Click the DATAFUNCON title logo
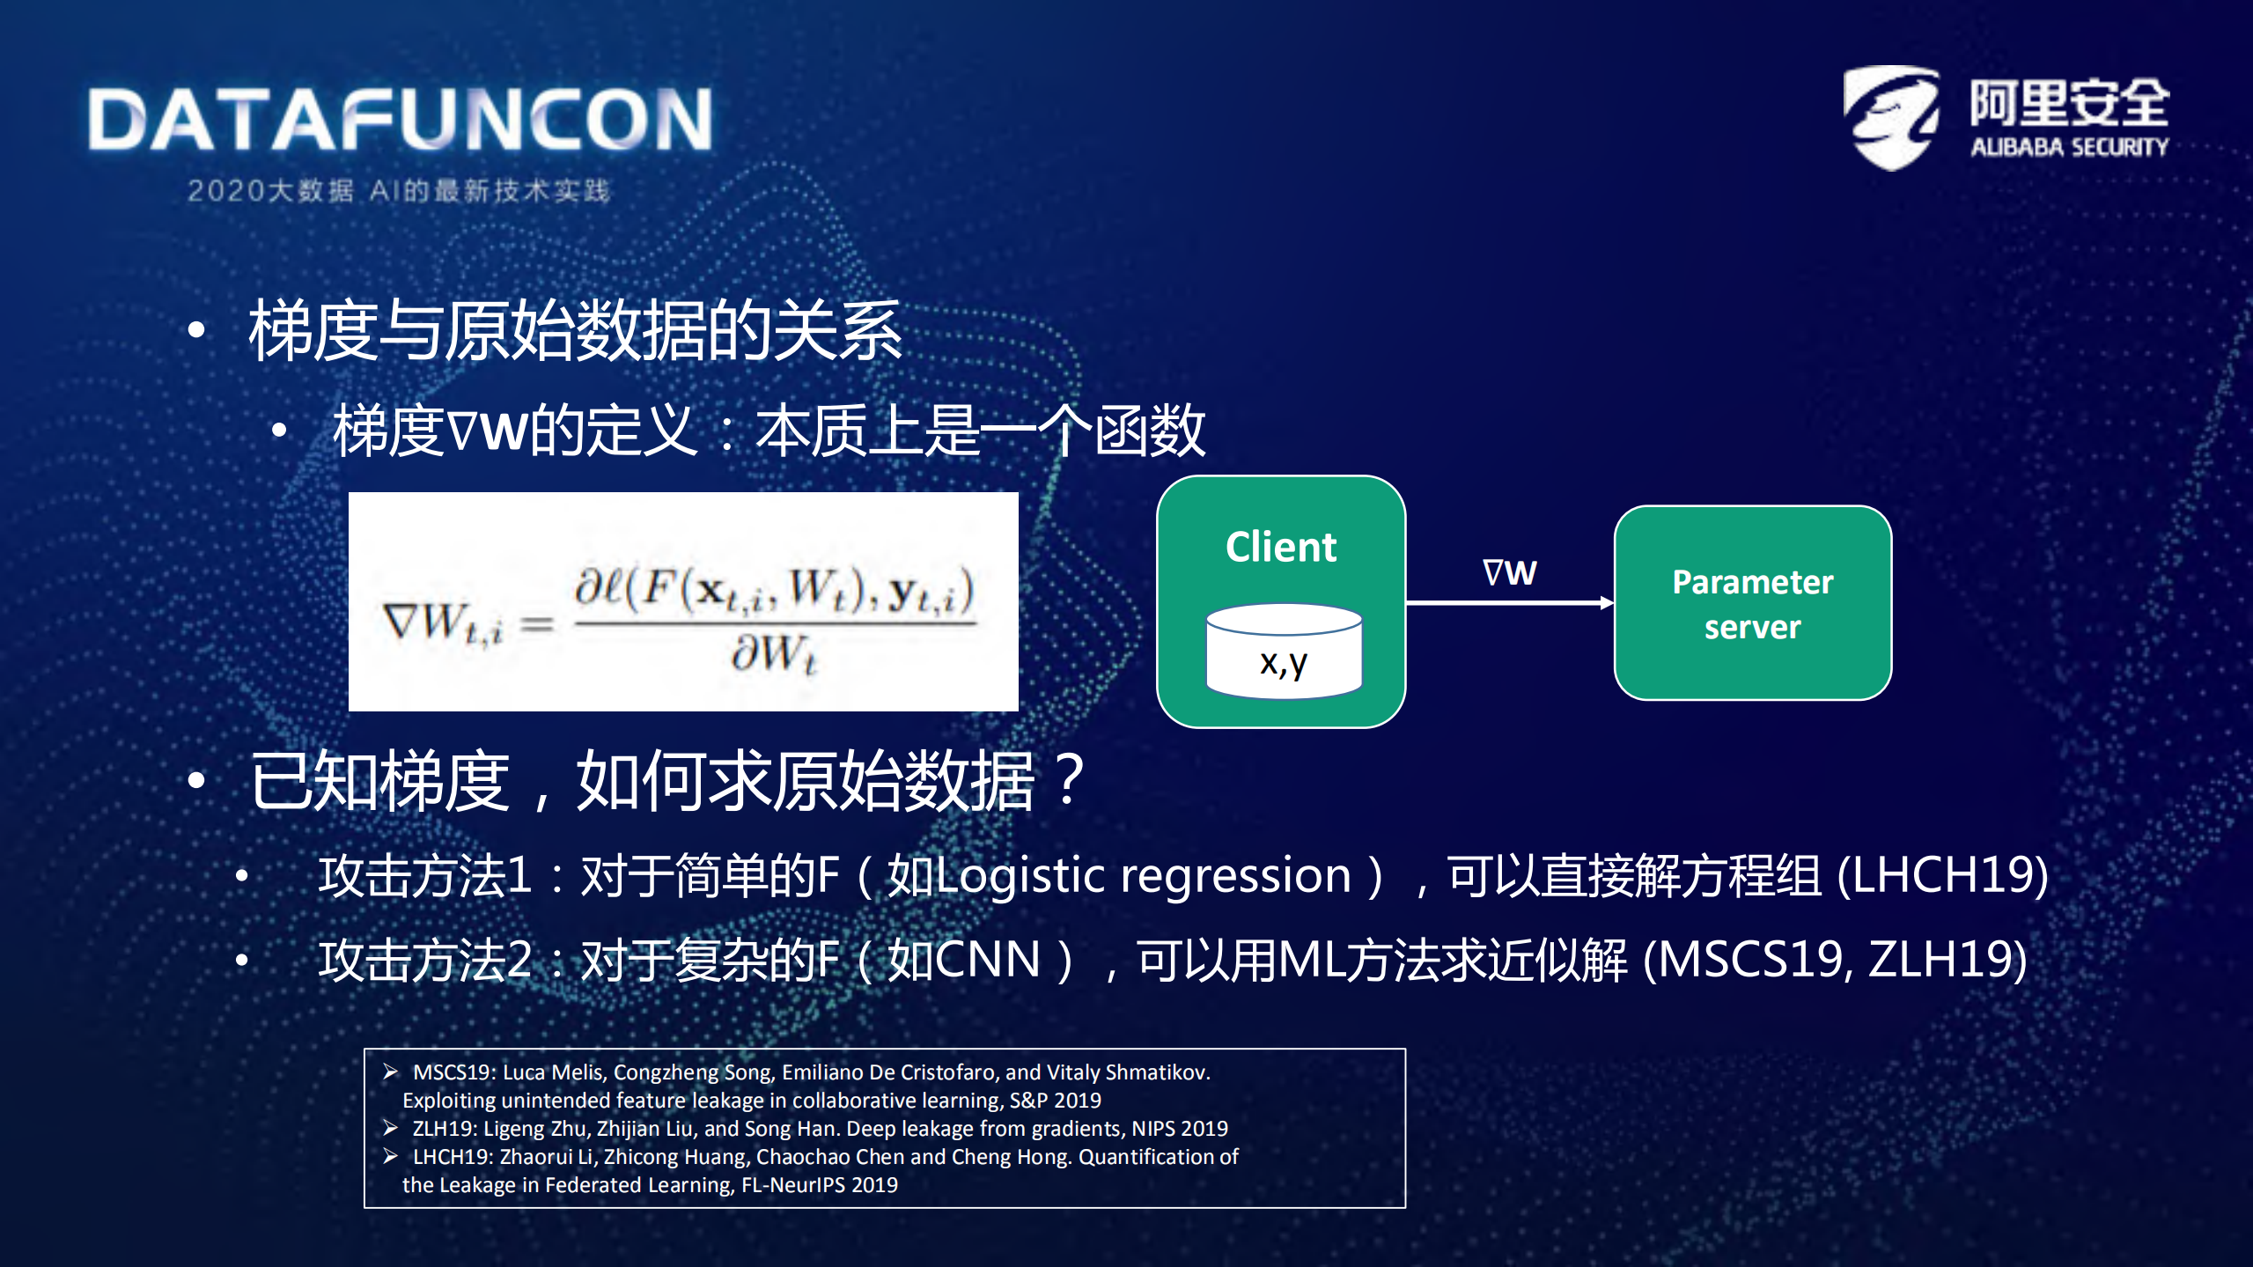pos(401,120)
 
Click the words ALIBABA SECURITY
pos(2069,147)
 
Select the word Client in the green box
pos(1281,547)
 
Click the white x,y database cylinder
pos(1284,652)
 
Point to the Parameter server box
pos(1752,603)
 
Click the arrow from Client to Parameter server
pos(1509,603)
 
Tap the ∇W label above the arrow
pos(1509,572)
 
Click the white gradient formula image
pos(683,601)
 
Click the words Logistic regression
pos(1118,876)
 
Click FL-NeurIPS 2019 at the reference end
pos(819,1185)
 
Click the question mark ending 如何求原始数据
pos(1069,780)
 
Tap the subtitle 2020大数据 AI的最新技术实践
pos(398,191)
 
